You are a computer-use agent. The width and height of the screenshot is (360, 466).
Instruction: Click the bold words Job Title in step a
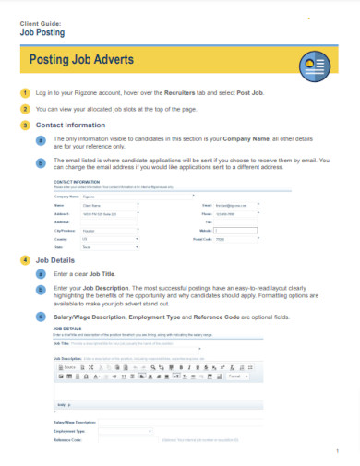tap(102, 275)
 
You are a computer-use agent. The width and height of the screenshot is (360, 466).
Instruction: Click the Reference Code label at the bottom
tap(70, 441)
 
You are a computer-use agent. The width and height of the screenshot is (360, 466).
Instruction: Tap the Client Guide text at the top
tap(42, 20)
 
